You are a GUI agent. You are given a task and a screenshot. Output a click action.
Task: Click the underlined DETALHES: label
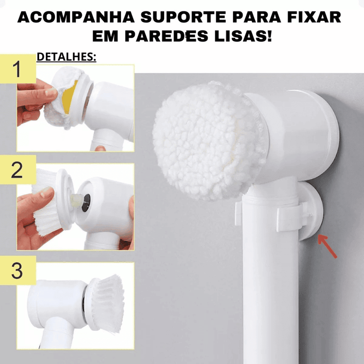(x=66, y=57)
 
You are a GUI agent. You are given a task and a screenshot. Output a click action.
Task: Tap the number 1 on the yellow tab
(x=17, y=70)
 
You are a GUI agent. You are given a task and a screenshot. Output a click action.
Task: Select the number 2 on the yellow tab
(x=17, y=170)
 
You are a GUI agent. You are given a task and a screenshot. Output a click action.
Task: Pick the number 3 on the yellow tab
(x=17, y=271)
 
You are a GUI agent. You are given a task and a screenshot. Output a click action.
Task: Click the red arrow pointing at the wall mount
(x=327, y=246)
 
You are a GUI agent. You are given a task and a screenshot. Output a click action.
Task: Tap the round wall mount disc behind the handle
(x=314, y=209)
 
